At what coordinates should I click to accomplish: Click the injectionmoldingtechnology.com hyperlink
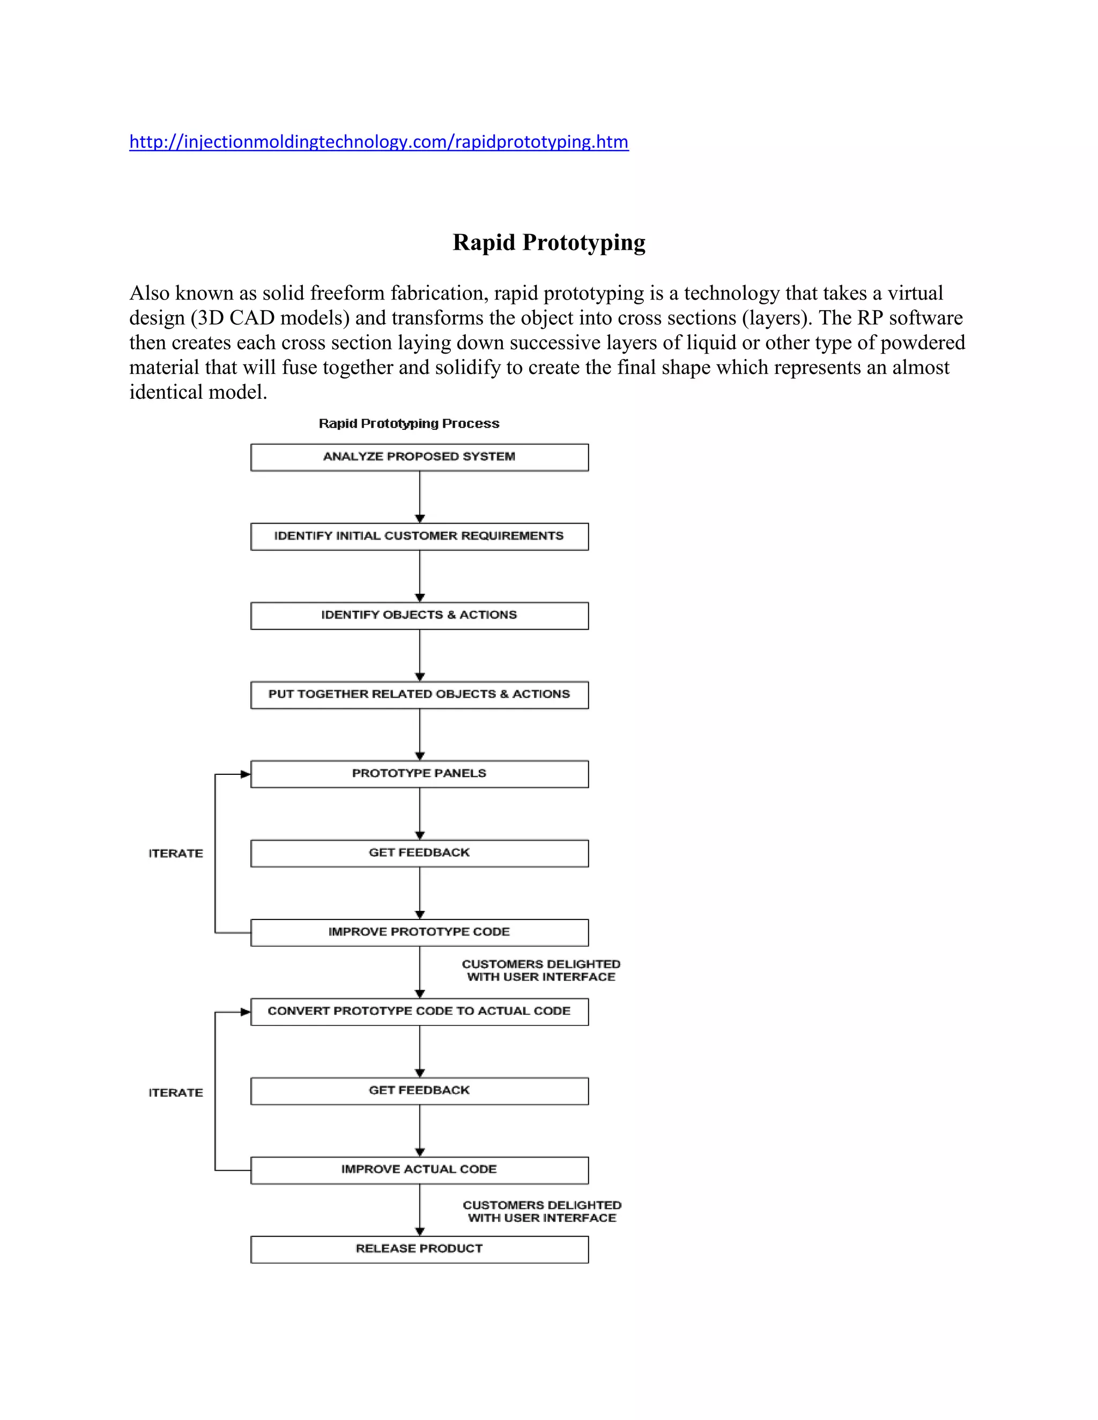pyautogui.click(x=379, y=142)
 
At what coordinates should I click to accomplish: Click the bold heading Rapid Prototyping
pyautogui.click(x=548, y=243)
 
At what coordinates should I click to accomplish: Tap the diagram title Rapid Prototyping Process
pyautogui.click(x=409, y=423)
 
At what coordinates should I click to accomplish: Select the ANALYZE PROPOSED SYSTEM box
pyautogui.click(x=420, y=457)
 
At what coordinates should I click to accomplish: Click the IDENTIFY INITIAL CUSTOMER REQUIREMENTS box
pyautogui.click(x=420, y=536)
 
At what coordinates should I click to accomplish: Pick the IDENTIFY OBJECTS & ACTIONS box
pyautogui.click(x=420, y=615)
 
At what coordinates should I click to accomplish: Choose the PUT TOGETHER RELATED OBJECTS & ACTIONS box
pyautogui.click(x=420, y=694)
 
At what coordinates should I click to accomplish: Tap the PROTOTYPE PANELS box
pyautogui.click(x=420, y=774)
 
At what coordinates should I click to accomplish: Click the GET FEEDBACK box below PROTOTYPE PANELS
pyautogui.click(x=420, y=853)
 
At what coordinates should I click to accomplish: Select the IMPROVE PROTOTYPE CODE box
pyautogui.click(x=420, y=932)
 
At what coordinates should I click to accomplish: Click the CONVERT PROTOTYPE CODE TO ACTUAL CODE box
pyautogui.click(x=420, y=1012)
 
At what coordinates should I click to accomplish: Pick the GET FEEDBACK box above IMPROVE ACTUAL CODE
pyautogui.click(x=420, y=1091)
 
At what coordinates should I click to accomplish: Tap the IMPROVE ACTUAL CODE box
pyautogui.click(x=420, y=1170)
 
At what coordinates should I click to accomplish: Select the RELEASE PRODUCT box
pyautogui.click(x=420, y=1249)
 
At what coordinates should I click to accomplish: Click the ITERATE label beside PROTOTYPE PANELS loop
pyautogui.click(x=176, y=854)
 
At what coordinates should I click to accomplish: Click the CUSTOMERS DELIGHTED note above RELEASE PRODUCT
pyautogui.click(x=542, y=1212)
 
